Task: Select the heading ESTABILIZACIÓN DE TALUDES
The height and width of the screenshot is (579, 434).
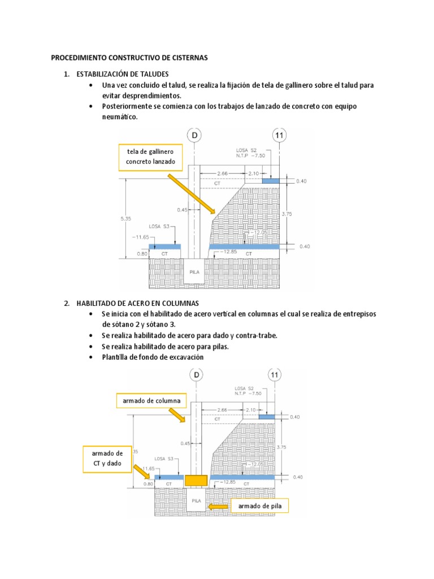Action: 122,75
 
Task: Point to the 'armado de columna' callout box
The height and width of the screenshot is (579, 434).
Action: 151,401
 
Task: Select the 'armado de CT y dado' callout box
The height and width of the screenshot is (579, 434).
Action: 107,459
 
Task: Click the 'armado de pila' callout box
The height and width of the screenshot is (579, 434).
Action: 259,506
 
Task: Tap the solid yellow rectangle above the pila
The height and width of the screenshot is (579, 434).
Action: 196,481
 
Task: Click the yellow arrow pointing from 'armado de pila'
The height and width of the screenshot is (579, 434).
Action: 218,507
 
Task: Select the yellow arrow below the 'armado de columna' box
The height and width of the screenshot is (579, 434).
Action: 177,415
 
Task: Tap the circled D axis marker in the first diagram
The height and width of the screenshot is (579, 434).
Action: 195,136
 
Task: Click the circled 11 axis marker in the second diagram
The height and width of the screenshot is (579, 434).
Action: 275,375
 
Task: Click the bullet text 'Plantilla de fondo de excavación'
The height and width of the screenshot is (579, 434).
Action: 153,357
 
